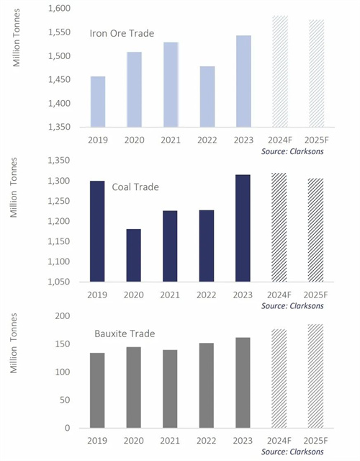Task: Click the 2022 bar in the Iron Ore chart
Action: pos(207,97)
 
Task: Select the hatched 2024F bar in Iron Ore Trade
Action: pos(280,71)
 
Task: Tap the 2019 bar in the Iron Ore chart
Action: pos(98,102)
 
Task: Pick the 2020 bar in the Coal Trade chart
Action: pos(134,255)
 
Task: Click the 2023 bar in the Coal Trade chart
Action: pos(243,228)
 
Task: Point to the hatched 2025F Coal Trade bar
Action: pos(315,230)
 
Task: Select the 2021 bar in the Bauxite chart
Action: pos(170,389)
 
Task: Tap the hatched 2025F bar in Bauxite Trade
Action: pos(315,376)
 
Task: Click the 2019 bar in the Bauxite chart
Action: pos(97,390)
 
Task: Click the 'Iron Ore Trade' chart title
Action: pos(122,33)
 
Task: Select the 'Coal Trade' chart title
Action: pos(135,187)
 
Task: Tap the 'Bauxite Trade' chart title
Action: pos(125,334)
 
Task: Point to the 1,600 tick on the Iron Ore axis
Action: pos(60,9)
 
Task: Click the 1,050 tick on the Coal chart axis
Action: pos(59,282)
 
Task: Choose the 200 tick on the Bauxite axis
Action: pos(63,315)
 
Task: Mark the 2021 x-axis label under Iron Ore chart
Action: pos(171,140)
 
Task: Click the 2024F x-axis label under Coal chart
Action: pos(279,295)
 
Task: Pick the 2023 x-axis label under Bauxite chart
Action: pos(243,440)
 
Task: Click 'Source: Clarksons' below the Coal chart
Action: pos(292,306)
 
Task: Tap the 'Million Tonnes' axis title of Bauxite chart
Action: pos(14,343)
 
